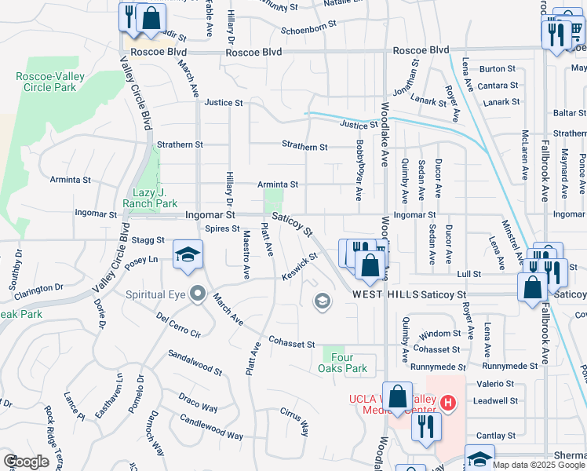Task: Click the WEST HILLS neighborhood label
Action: (x=385, y=294)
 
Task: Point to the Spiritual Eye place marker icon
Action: (x=198, y=295)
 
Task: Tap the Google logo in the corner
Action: (x=26, y=461)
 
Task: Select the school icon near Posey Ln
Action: (x=187, y=254)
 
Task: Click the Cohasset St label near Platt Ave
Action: (x=291, y=344)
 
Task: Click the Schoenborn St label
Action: (x=309, y=24)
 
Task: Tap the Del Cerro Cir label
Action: (x=179, y=325)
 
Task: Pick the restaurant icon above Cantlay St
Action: (x=425, y=426)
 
